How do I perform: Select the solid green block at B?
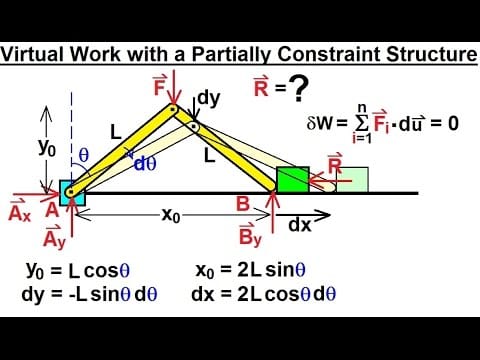coord(293,180)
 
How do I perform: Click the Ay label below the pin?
coord(55,238)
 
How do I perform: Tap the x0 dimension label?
coord(172,214)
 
